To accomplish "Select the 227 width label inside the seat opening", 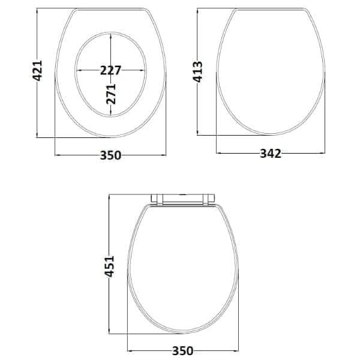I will click(110, 70).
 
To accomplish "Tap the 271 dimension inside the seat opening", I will click(110, 94).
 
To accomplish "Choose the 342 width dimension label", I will click(270, 154).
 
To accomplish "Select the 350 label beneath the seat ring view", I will click(110, 155).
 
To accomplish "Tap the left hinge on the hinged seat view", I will click(157, 200).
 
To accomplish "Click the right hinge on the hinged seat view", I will click(211, 200).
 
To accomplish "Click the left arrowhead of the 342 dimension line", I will click(218, 154).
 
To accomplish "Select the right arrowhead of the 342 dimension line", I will click(325, 154).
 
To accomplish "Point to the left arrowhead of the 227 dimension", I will click(78, 70).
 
